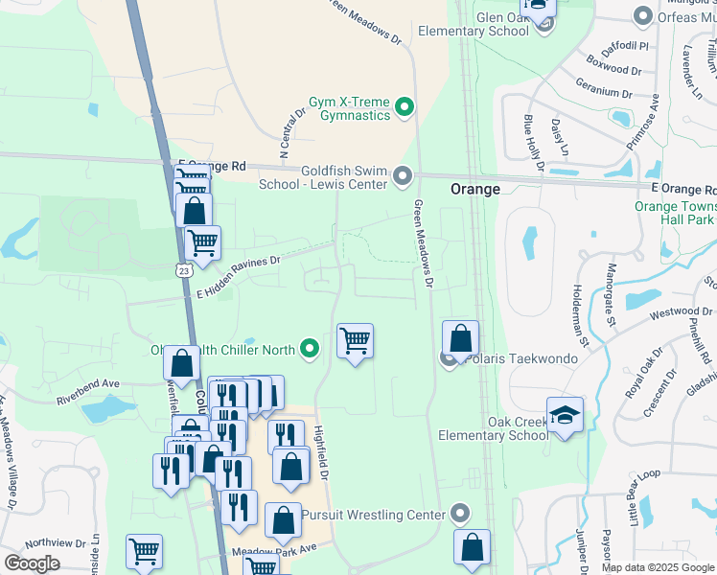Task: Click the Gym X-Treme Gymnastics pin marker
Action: click(404, 107)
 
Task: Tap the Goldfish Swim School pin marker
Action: click(403, 176)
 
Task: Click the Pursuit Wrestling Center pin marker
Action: click(461, 515)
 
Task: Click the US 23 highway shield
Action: click(182, 271)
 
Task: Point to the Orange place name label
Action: click(475, 190)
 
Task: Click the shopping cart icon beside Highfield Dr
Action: click(355, 340)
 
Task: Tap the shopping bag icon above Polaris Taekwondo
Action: click(460, 338)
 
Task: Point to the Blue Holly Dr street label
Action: click(532, 144)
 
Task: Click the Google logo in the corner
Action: click(32, 563)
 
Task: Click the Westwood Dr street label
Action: click(682, 311)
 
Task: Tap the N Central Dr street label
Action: click(291, 133)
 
